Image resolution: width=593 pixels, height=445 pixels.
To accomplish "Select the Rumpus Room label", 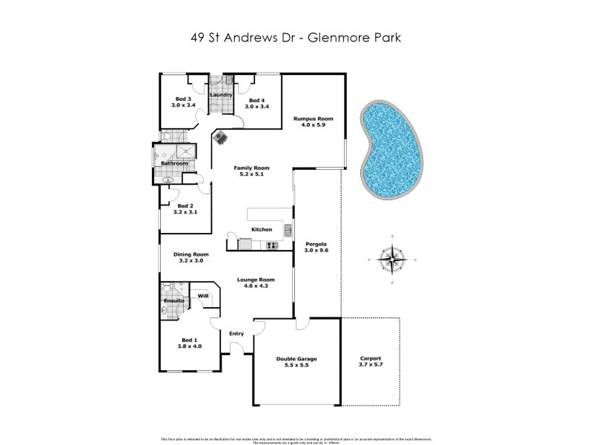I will coord(313,119).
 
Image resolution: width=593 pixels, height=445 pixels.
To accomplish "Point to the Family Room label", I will coord(251,168).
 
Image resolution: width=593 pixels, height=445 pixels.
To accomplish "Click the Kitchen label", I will coord(262,230).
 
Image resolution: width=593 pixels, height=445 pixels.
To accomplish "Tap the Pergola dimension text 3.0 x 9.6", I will coord(317,251).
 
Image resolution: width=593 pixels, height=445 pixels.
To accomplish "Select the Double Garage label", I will coord(296,359).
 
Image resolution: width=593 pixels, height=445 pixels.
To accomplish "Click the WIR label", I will coord(203,296).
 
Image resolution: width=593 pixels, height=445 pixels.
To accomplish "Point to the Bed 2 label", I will coord(185,206).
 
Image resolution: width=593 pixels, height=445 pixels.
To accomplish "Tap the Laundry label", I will coord(222,95).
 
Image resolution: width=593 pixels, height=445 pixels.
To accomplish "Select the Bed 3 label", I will coord(183,99).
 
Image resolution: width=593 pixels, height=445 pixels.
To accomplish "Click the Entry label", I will coord(236,334).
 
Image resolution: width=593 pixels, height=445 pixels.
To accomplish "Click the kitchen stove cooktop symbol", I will coord(271,245).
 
